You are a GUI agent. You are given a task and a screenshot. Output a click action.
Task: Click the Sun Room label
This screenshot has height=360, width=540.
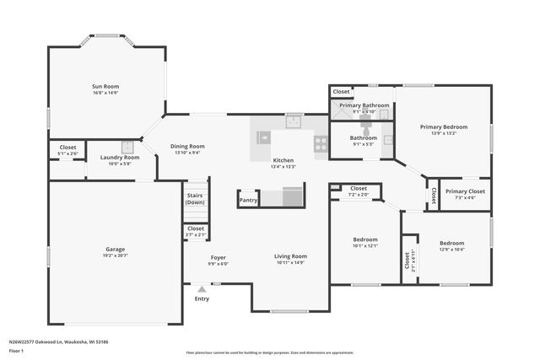pos(105,86)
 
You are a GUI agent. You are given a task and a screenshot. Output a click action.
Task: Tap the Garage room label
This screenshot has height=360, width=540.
pos(116,249)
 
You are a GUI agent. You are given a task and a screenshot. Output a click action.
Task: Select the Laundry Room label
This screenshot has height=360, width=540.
pos(119,157)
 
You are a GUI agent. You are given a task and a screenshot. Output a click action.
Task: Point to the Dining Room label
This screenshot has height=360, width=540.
pos(187,146)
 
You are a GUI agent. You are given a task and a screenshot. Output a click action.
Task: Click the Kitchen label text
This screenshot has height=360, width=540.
pos(283,160)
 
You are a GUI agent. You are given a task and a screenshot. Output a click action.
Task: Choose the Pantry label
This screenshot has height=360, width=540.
pos(248,201)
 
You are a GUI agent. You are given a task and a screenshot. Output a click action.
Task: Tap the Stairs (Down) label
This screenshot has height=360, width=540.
pos(195,199)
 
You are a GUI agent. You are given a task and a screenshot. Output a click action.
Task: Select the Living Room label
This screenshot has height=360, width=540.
pos(290,256)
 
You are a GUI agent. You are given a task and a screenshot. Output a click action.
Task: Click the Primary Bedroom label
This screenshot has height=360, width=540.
pos(444,126)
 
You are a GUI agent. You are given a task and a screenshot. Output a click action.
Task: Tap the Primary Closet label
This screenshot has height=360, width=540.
pos(465,191)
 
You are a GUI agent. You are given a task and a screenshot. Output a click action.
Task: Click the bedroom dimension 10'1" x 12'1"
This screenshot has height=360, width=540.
pos(365,246)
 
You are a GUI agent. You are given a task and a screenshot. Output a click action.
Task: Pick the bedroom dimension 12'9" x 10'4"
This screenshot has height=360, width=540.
pos(452,250)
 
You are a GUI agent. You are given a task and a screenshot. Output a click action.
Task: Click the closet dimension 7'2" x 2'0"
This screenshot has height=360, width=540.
pos(358,195)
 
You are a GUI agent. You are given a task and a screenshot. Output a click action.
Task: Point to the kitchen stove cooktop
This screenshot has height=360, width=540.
pos(321,143)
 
